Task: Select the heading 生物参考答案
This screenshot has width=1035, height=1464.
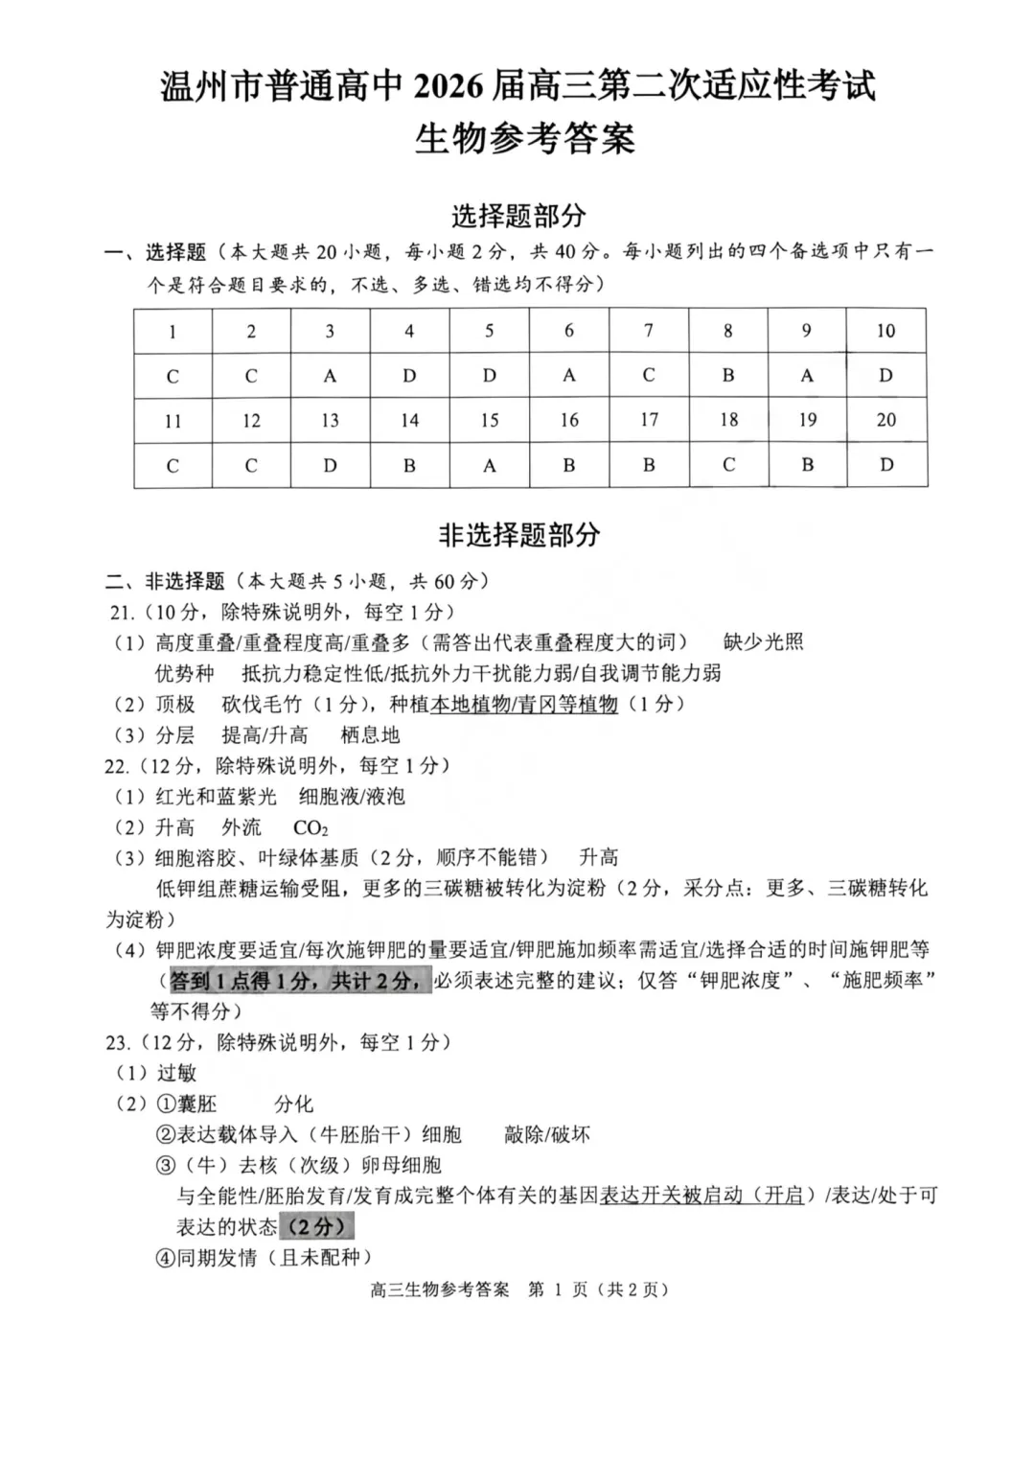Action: (524, 139)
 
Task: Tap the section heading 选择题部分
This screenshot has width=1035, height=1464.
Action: (517, 216)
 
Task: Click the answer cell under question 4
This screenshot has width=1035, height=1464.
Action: (409, 376)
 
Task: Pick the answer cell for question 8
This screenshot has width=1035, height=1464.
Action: (728, 376)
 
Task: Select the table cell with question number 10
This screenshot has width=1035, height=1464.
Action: (885, 331)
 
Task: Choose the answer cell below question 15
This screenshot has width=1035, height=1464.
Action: (490, 466)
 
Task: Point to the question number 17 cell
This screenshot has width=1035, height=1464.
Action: (649, 420)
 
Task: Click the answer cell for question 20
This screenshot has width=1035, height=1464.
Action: (886, 465)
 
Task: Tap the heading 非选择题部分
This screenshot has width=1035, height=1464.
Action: (518, 535)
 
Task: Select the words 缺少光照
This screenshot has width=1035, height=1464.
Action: (764, 642)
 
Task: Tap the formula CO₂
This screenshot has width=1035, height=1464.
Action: (310, 827)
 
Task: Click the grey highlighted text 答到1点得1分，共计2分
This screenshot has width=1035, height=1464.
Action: (296, 981)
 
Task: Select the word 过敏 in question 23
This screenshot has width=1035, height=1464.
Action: (176, 1073)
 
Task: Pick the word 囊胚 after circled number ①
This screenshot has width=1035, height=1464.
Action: (197, 1104)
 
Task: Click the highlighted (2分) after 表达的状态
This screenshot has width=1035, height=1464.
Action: (316, 1226)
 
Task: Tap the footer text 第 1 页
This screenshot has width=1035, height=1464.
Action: (559, 1290)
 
